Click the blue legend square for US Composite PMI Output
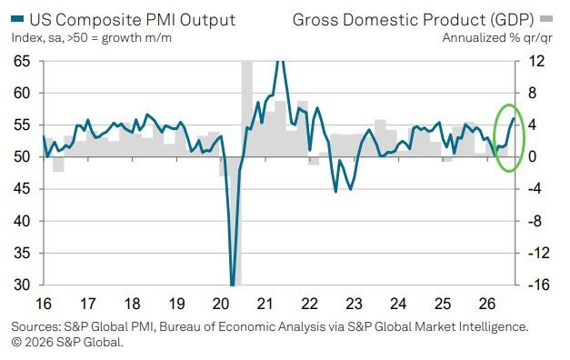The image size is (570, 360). tap(17, 19)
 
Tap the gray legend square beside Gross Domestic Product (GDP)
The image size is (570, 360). tap(546, 18)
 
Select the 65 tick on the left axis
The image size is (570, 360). tap(22, 61)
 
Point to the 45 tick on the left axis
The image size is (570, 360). tap(22, 189)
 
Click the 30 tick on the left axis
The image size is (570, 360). tap(22, 285)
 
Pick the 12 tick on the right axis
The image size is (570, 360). tap(536, 61)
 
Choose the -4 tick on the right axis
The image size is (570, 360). tap(536, 189)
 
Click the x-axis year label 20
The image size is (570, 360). tap(221, 304)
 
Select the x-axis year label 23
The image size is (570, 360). tap(354, 304)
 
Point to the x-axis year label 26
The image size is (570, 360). tap(487, 304)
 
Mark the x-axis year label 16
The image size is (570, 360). tap(44, 304)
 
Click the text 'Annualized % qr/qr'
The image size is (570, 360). tap(497, 38)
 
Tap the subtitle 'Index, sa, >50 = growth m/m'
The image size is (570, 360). tap(91, 38)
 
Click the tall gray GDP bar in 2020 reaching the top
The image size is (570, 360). tap(247, 109)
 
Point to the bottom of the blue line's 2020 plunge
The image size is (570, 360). tap(233, 285)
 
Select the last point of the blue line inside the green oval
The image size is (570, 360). tap(514, 118)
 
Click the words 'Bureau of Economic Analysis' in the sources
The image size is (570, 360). tap(242, 327)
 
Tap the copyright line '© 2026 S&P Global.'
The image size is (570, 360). tap(67, 342)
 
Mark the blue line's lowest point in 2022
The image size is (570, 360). tap(335, 192)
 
